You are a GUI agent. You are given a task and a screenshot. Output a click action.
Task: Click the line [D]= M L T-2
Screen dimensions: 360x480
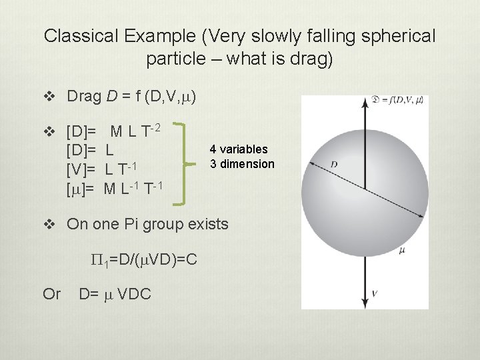123,129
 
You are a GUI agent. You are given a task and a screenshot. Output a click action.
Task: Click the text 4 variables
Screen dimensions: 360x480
239,149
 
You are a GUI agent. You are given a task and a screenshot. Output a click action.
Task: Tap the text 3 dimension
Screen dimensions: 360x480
242,164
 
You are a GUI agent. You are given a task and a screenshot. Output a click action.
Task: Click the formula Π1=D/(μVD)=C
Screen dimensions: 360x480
143,259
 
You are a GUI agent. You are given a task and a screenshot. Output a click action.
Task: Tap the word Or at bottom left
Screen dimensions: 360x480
52,293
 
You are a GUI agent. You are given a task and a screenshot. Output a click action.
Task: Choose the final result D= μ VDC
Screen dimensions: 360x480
115,293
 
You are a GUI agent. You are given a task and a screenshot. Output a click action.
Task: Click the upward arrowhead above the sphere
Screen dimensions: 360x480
365,102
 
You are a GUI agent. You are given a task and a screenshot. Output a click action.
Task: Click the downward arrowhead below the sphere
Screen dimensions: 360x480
365,303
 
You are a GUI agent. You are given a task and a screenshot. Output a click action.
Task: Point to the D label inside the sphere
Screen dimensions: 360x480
333,163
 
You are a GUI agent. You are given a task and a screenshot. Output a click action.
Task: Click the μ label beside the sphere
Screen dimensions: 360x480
401,251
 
